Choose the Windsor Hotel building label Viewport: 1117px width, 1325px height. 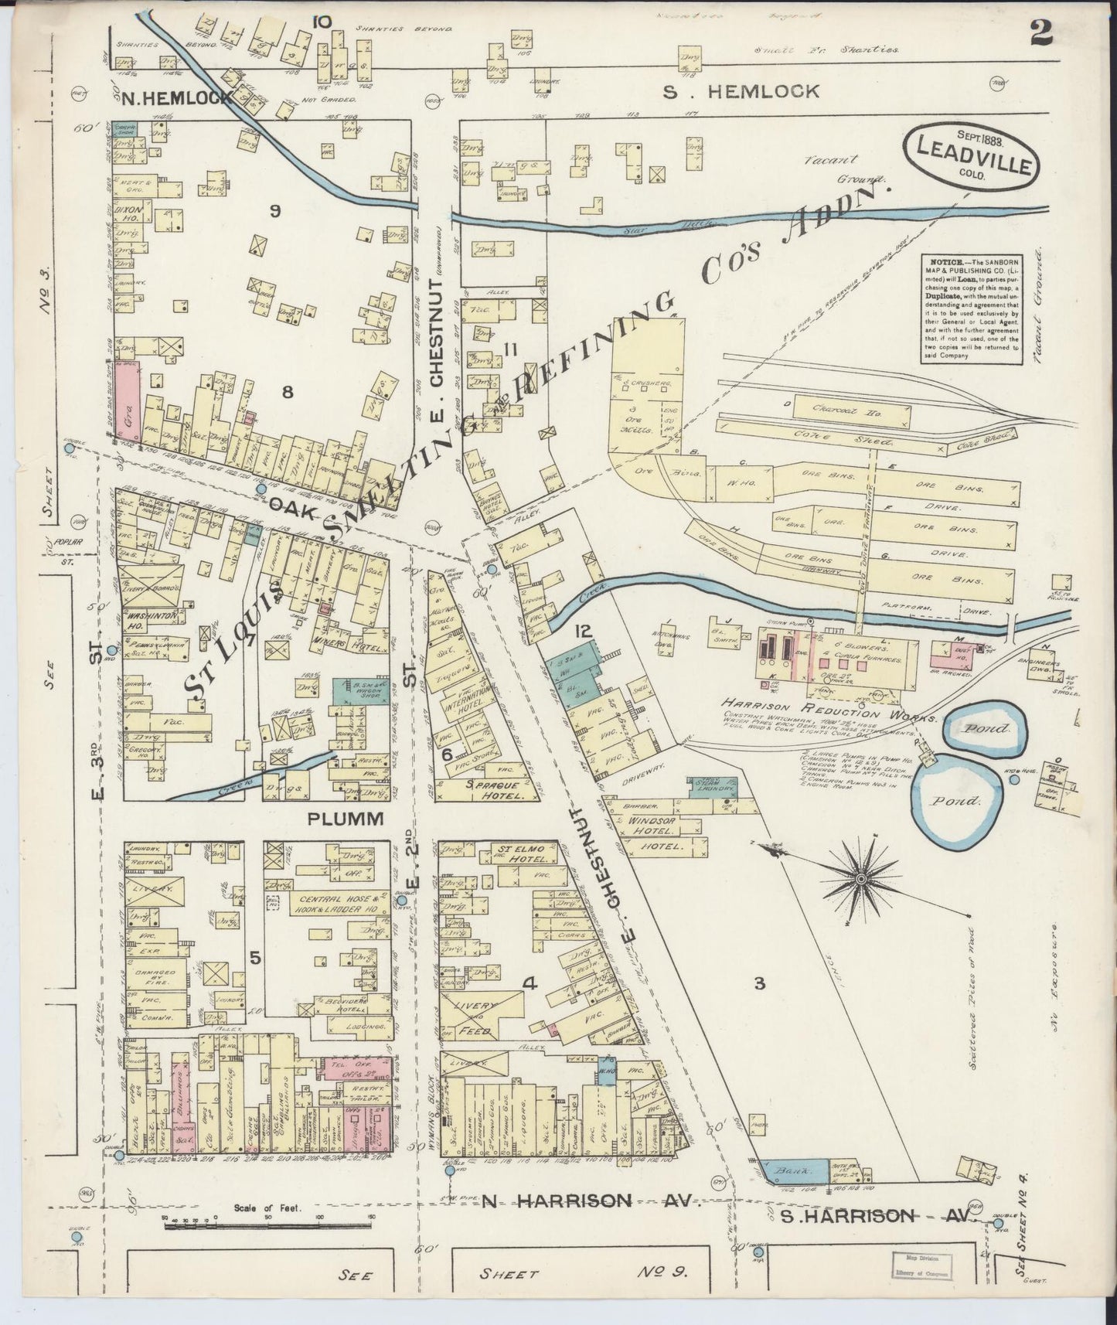653,826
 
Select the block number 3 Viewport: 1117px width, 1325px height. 760,983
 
